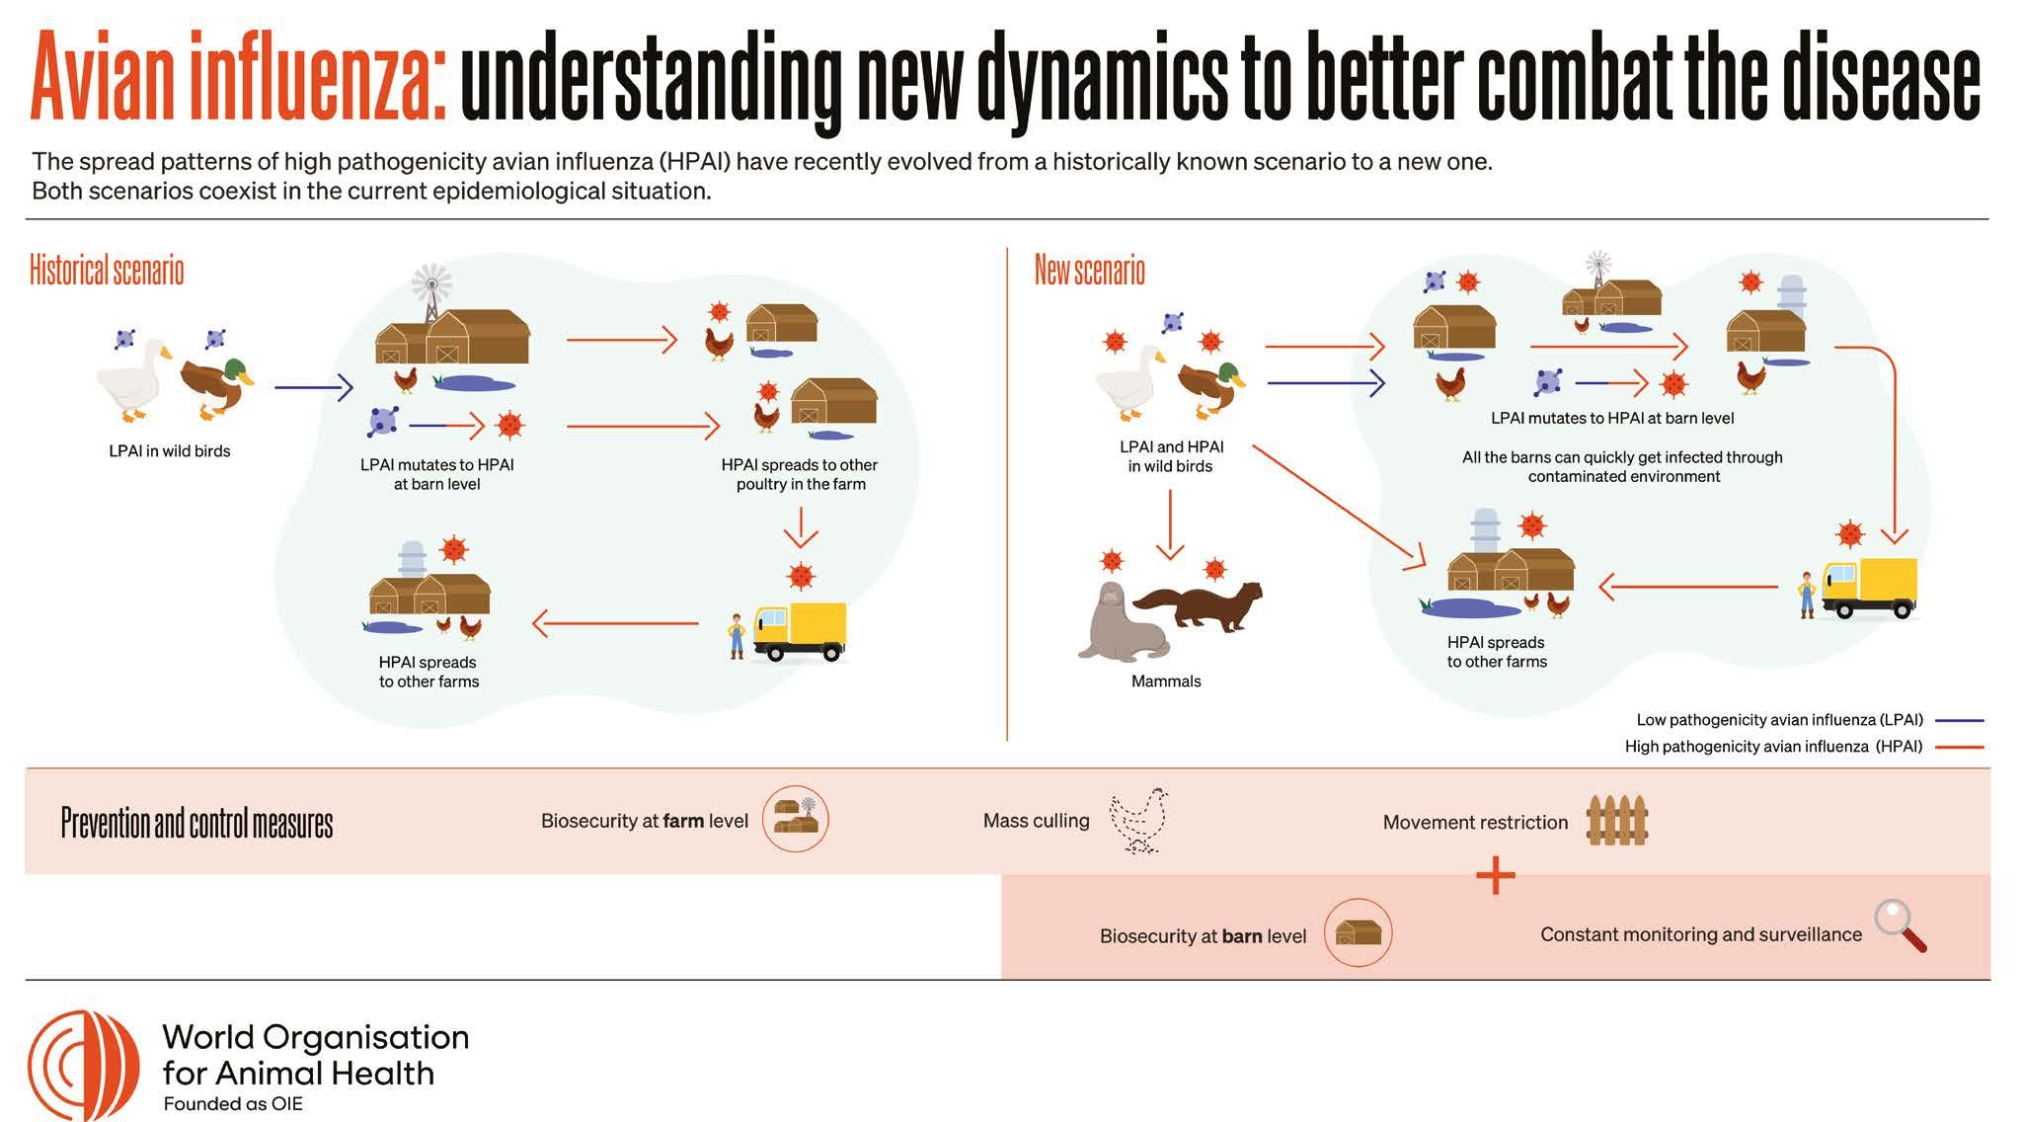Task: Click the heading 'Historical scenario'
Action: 107,270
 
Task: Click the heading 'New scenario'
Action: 1089,270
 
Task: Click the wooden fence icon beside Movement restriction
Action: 1617,821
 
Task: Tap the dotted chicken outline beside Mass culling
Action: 1139,820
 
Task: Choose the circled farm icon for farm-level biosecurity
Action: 796,819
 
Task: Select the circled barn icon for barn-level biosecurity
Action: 1358,932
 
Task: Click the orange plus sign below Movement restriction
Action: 1496,875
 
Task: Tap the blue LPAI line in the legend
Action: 1960,720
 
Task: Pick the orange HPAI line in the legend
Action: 1960,747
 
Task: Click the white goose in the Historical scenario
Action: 134,377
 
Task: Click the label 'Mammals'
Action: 1166,681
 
